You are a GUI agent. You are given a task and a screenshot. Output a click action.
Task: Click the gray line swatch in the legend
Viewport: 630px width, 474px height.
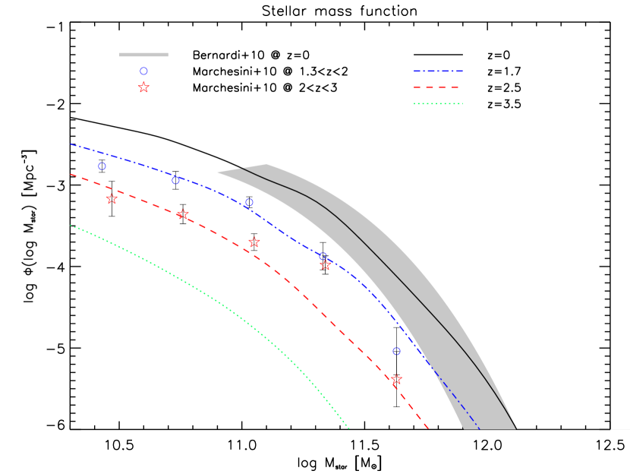[143, 55]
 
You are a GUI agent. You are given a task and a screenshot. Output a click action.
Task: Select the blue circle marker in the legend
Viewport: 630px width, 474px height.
[143, 71]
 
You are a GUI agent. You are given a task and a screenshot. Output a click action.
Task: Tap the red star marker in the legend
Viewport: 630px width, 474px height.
[143, 87]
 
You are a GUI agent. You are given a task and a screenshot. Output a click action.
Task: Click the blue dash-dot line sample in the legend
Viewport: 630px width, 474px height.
[438, 71]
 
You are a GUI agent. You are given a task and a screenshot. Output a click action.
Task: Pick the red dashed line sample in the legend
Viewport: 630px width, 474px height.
[438, 87]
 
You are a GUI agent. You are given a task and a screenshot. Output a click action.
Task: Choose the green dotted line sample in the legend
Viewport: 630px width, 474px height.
[438, 103]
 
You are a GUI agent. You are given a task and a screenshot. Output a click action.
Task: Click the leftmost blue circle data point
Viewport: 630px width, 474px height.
[102, 166]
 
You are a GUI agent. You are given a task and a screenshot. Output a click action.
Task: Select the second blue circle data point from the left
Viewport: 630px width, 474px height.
[175, 180]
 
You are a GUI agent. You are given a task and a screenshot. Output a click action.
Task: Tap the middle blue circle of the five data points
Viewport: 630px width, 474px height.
[249, 202]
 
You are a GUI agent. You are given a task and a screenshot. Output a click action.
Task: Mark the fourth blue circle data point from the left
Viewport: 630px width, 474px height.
[323, 256]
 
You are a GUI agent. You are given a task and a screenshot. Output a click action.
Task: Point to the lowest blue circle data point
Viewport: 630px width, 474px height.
[396, 351]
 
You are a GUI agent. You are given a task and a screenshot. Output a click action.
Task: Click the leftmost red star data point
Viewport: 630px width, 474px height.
[112, 199]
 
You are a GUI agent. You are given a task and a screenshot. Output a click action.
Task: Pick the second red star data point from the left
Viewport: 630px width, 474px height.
[182, 215]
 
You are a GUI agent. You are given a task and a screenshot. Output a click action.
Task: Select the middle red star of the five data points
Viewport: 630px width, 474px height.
[254, 242]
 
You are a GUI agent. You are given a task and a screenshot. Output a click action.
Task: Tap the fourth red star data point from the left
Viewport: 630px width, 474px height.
[326, 265]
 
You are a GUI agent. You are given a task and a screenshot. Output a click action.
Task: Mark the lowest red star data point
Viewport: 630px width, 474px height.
[396, 380]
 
